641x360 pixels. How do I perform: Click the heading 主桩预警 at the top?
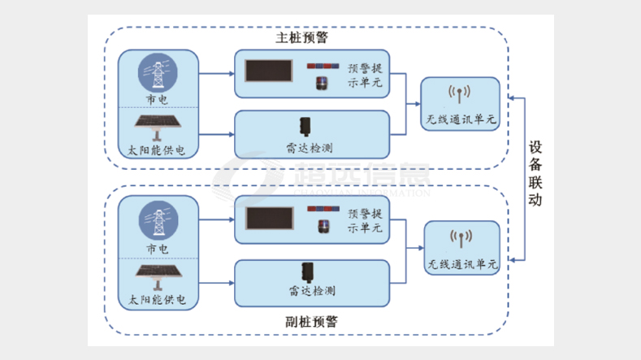(x=302, y=38)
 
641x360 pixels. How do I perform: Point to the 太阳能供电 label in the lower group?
(x=157, y=300)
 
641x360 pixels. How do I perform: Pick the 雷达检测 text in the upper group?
(x=310, y=147)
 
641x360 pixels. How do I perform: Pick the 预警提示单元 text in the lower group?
(x=365, y=221)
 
